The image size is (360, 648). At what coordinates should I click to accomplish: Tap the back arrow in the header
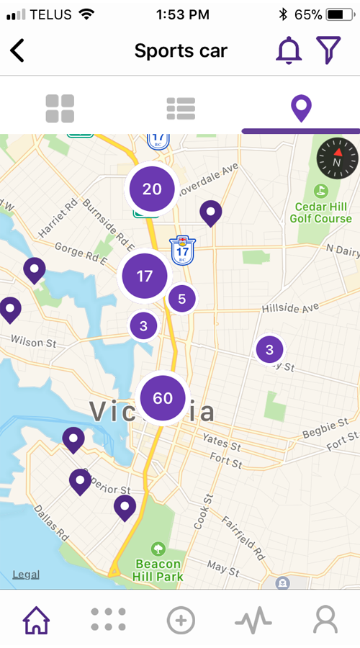(17, 50)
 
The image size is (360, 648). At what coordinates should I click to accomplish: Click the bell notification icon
(289, 50)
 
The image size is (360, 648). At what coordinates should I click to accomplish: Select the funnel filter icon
(328, 50)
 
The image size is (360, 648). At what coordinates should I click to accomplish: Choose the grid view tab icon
(60, 108)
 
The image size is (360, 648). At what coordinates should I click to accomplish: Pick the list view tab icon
(181, 108)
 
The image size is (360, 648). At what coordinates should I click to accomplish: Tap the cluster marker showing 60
(163, 398)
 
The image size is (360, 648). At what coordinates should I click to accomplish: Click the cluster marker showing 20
(152, 189)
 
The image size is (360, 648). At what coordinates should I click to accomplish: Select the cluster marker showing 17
(145, 276)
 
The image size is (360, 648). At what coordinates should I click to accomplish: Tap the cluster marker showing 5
(181, 297)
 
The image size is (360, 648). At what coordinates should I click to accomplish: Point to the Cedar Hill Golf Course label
(323, 212)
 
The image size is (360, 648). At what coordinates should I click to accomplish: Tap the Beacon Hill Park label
(159, 569)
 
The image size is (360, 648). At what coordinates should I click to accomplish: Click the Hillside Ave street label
(289, 307)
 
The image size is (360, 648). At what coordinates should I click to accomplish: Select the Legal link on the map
(26, 575)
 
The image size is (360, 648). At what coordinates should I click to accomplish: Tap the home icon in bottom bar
(36, 619)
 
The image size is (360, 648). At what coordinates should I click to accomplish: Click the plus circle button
(181, 619)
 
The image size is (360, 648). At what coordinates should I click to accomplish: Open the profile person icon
(325, 619)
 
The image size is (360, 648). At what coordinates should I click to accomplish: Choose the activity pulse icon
(253, 619)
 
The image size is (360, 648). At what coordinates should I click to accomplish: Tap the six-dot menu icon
(108, 619)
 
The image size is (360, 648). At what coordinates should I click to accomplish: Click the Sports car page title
(181, 51)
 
